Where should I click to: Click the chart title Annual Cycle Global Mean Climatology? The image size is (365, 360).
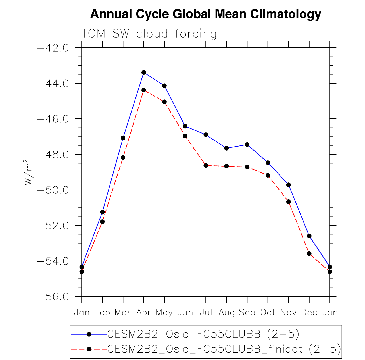pyautogui.click(x=205, y=14)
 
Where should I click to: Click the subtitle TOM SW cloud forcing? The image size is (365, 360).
pyautogui.click(x=149, y=34)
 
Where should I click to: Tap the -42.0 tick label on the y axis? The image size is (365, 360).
pyautogui.click(x=53, y=48)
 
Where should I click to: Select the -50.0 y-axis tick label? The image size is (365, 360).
pyautogui.click(x=53, y=190)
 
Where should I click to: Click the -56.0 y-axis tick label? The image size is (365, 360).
pyautogui.click(x=53, y=297)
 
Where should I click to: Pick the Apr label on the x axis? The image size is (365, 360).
pyautogui.click(x=143, y=313)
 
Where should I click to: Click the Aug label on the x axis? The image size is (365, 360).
pyautogui.click(x=226, y=313)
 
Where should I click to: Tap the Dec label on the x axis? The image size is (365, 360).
pyautogui.click(x=309, y=313)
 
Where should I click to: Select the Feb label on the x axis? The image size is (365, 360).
pyautogui.click(x=102, y=313)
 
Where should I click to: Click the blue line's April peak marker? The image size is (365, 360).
pyautogui.click(x=144, y=72)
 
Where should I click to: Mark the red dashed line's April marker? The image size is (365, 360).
pyautogui.click(x=144, y=90)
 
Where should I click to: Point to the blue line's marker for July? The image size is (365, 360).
pyautogui.click(x=206, y=135)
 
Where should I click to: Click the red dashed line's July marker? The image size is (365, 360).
pyautogui.click(x=206, y=165)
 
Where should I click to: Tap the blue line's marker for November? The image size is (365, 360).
pyautogui.click(x=289, y=185)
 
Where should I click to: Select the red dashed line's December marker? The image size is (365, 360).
pyautogui.click(x=309, y=254)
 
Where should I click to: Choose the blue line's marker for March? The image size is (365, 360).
pyautogui.click(x=123, y=138)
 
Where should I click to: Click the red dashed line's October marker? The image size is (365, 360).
pyautogui.click(x=268, y=175)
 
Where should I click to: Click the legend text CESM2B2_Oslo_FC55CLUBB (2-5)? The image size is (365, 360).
pyautogui.click(x=203, y=334)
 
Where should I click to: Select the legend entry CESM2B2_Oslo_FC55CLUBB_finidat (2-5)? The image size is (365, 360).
pyautogui.click(x=224, y=349)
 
